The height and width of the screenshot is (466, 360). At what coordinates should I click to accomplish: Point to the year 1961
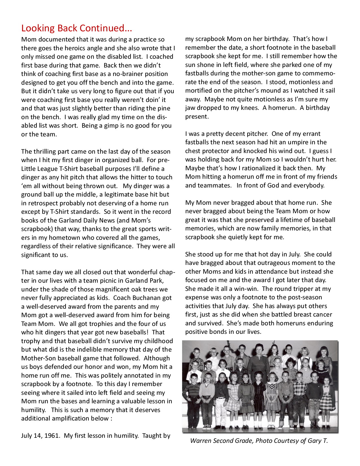coord(52,436)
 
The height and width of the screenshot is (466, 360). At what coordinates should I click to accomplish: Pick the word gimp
coord(111,126)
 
